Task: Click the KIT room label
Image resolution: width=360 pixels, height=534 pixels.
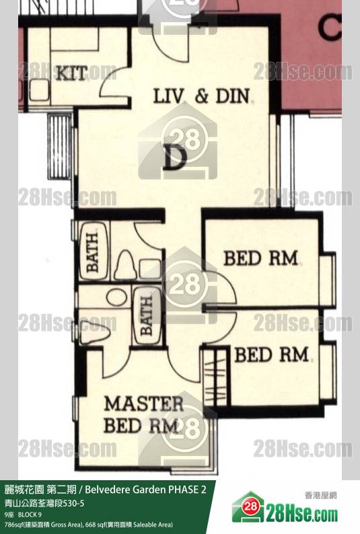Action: click(71, 73)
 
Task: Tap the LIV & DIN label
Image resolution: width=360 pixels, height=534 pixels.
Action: click(202, 96)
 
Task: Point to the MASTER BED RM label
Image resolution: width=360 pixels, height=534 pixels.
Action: click(143, 414)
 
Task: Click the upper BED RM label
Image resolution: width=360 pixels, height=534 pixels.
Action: click(260, 258)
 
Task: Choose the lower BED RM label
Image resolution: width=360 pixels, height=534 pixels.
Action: click(271, 354)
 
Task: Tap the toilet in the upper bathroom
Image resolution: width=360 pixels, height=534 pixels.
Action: click(124, 265)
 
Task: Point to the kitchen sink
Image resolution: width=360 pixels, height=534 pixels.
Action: click(39, 89)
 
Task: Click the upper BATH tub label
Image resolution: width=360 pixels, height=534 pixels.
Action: click(92, 252)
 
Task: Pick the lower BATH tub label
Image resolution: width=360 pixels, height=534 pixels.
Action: click(147, 315)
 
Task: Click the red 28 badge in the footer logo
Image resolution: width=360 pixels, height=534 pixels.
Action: click(251, 506)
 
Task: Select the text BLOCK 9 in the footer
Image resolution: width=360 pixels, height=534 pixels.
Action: click(30, 514)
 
